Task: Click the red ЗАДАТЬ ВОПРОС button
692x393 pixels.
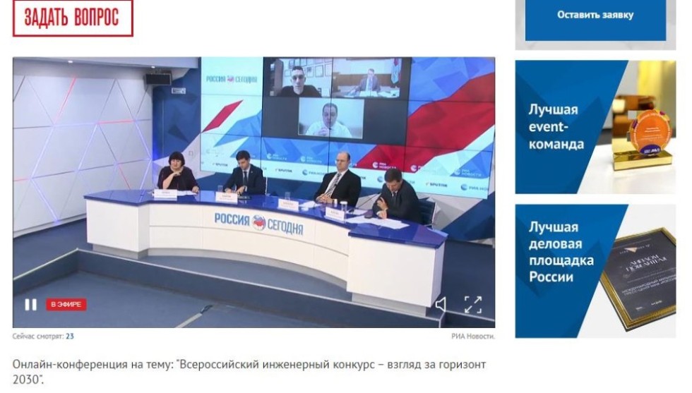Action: point(72,18)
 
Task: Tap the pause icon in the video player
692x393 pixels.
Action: point(30,305)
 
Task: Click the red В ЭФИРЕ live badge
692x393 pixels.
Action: point(66,305)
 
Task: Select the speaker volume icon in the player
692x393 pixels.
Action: point(441,305)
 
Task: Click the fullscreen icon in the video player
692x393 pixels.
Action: point(472,305)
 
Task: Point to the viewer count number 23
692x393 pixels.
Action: point(70,337)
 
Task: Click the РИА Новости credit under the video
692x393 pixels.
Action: point(473,337)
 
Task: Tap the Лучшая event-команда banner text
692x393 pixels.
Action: point(556,127)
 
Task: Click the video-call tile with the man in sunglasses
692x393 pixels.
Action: point(297,78)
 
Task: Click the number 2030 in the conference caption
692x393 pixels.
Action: point(25,380)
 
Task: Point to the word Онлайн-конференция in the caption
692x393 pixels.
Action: point(59,365)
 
